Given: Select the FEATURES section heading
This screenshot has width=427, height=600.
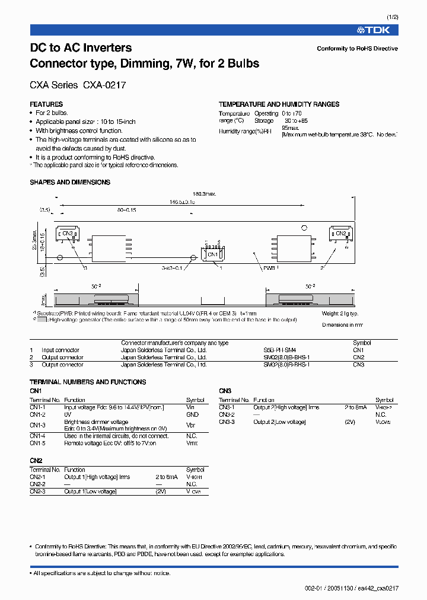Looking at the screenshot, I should point(46,104).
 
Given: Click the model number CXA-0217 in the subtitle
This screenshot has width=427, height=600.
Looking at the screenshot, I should point(104,85).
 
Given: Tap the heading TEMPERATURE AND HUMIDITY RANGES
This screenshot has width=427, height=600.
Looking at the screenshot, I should point(279,104).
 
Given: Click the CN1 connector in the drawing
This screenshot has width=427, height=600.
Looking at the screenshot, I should point(212,254).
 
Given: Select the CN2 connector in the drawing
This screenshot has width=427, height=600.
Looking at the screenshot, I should point(340,234).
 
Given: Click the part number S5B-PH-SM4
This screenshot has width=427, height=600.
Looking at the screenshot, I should point(279,350).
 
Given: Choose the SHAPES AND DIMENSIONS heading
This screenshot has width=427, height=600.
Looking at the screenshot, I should point(70,183).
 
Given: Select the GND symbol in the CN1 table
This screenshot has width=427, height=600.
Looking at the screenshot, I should point(192,415).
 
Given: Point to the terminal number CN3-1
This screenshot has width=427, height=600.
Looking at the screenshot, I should point(227,407).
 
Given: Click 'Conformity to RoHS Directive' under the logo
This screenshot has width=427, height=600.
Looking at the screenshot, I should point(357,49).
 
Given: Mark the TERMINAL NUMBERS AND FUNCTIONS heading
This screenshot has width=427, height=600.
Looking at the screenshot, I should point(88,382).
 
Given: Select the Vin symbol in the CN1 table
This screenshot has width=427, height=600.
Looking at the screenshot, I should point(190,407).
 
